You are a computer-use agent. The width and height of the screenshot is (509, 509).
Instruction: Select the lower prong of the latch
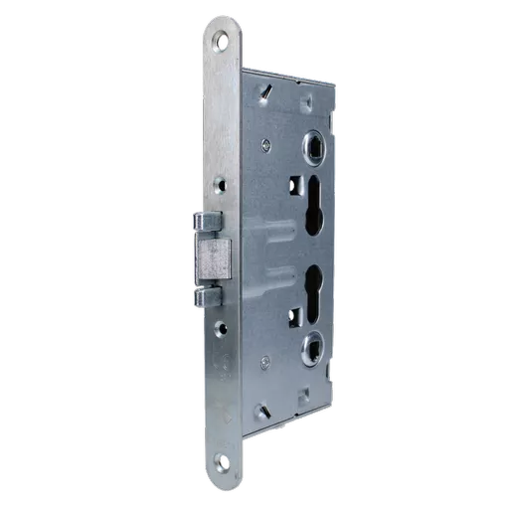coord(209,296)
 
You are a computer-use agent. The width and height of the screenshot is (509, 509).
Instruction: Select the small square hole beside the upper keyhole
coord(295,184)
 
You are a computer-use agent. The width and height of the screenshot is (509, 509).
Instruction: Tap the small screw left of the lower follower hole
coord(265,363)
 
